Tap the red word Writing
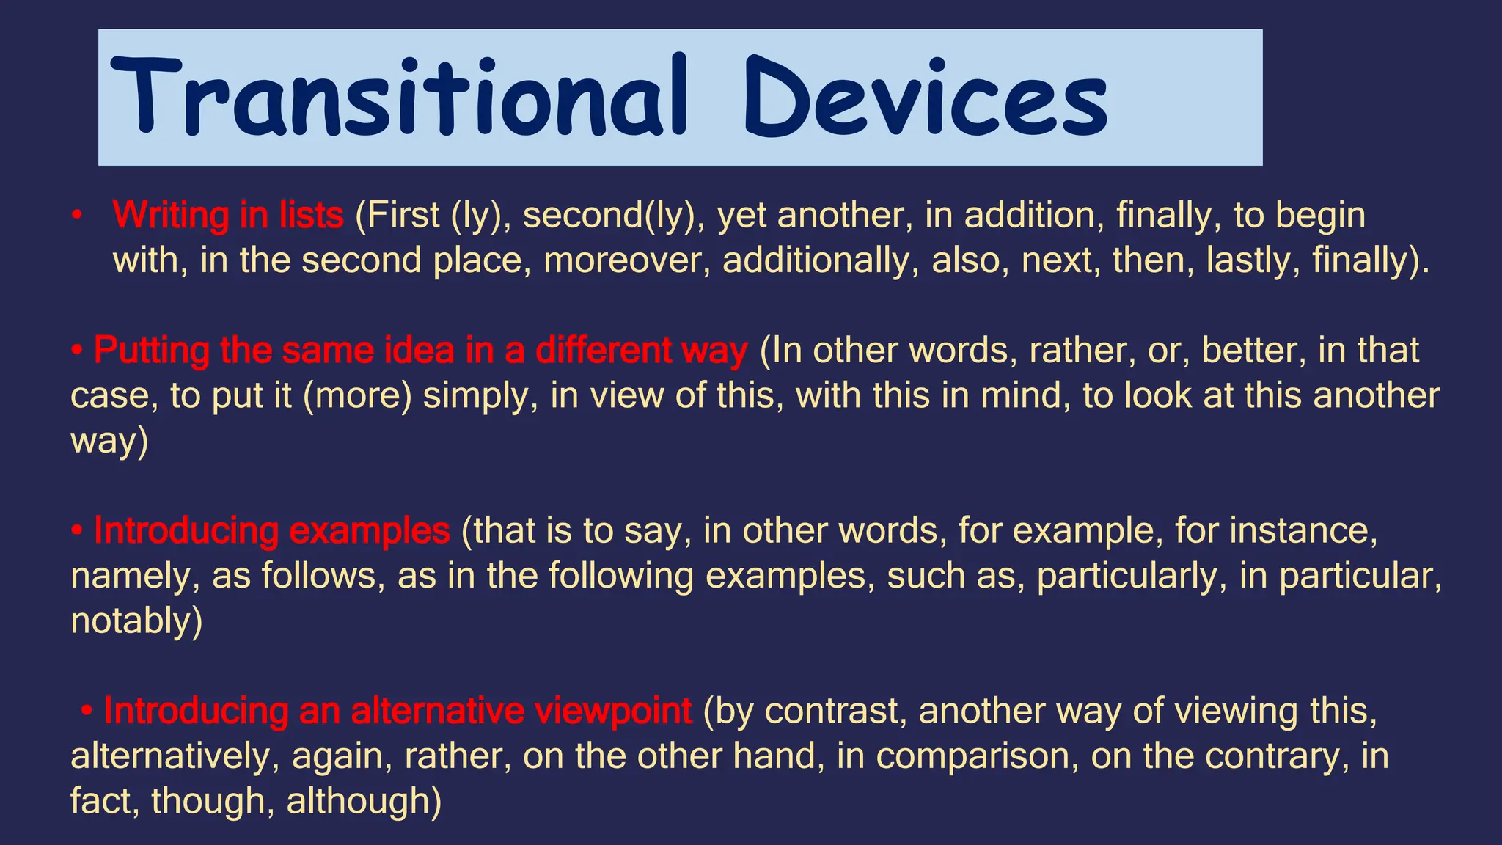pyautogui.click(x=170, y=216)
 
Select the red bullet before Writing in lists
pyautogui.click(x=76, y=216)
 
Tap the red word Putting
pyautogui.click(x=151, y=351)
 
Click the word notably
pyautogui.click(x=134, y=621)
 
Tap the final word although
pyautogui.click(x=362, y=801)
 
